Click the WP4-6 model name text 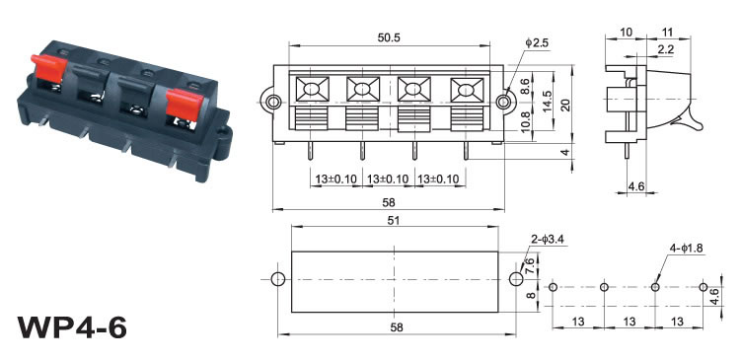72,326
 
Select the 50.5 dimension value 389,37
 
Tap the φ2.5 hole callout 537,43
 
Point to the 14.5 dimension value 548,101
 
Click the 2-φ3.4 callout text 548,240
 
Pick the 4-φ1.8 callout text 686,249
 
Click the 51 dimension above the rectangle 394,220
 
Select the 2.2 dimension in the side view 665,49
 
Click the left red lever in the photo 48,67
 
